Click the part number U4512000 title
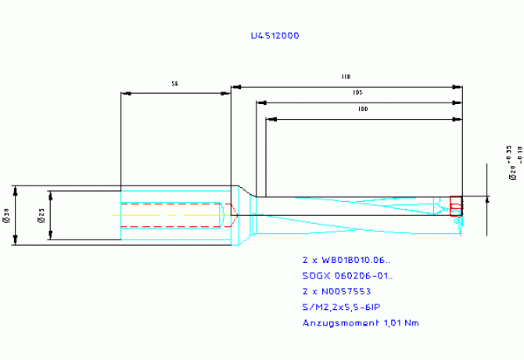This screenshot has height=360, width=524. pos(274,36)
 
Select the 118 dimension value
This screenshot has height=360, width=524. pos(345,76)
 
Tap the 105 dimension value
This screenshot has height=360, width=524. pos(357,92)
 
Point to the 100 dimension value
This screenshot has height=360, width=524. pos(362,110)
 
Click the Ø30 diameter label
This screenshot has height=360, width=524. pos(6,215)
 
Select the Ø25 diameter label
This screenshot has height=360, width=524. pos(41,215)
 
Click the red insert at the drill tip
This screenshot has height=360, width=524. pos(456,205)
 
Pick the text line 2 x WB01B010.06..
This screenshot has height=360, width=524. pos(346,259)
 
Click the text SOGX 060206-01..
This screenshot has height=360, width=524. pos(347,275)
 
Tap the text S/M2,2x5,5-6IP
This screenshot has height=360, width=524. pos(341,306)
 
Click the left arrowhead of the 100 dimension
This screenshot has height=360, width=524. pos(270,119)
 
